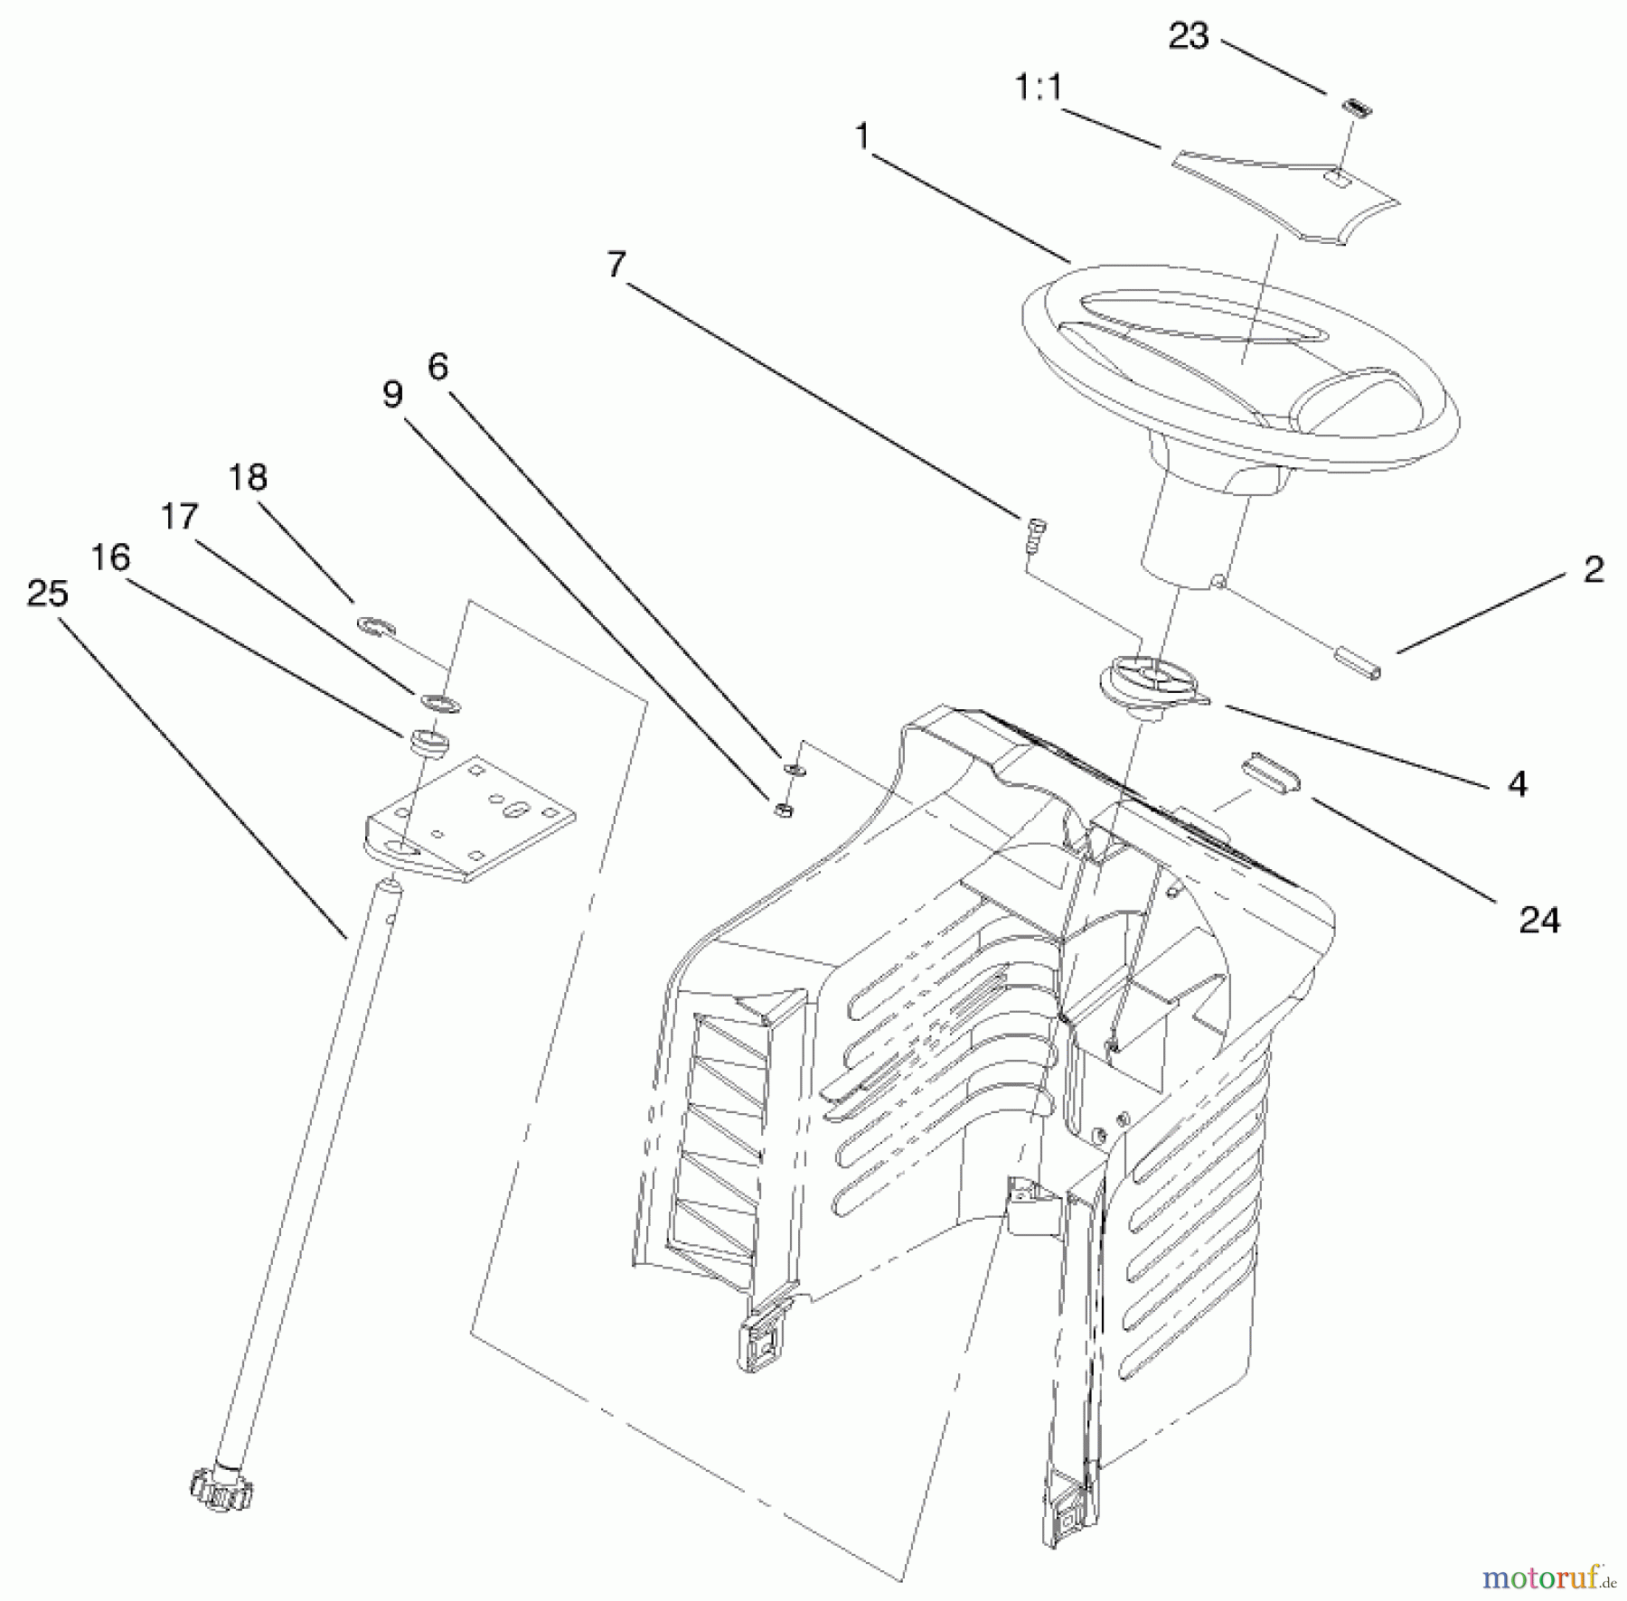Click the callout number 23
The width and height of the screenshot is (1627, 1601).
[1188, 37]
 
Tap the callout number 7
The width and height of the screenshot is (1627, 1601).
[616, 265]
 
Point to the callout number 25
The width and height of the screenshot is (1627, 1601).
[47, 594]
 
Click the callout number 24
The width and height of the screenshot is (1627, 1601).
[1539, 920]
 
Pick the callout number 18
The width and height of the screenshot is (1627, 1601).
[248, 477]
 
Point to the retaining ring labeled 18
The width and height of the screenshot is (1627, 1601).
[372, 623]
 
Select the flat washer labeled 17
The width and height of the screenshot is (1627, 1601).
[438, 701]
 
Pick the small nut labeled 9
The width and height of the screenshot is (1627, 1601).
[784, 809]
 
